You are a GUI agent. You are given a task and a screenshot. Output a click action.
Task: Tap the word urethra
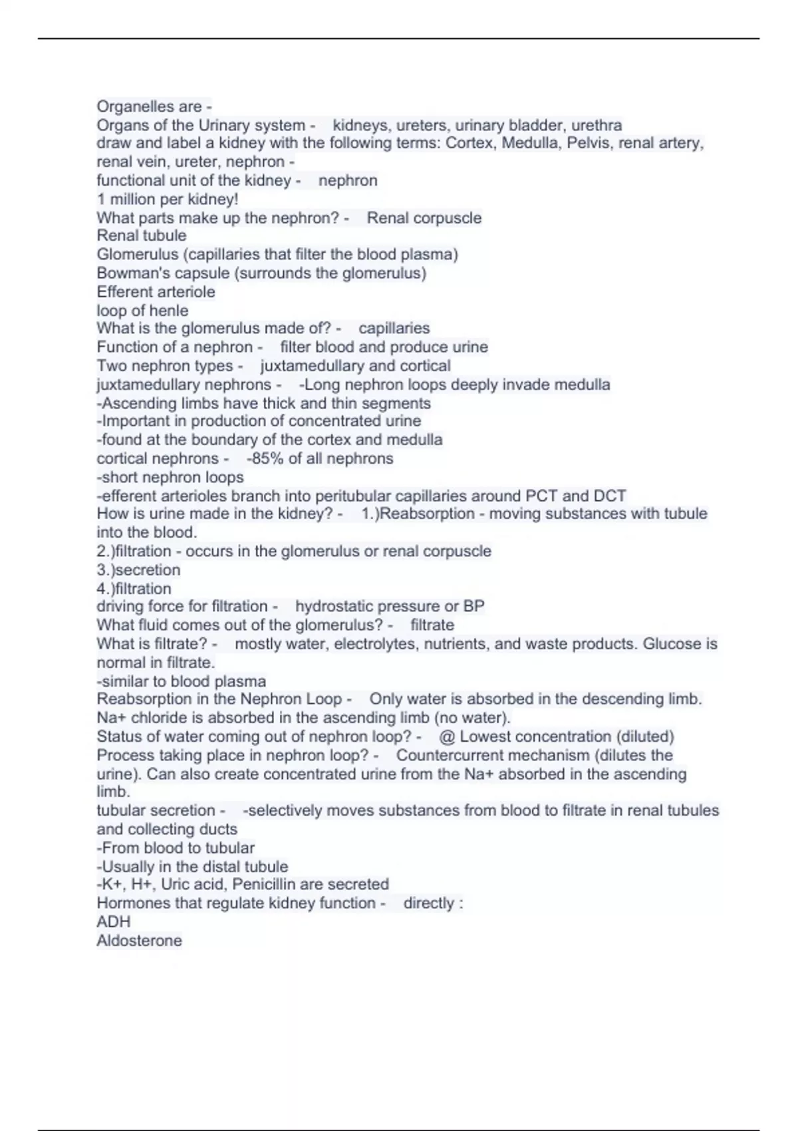[x=597, y=125]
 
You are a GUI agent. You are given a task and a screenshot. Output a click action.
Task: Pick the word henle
[x=170, y=311]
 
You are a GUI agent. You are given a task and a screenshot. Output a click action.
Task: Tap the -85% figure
[x=265, y=458]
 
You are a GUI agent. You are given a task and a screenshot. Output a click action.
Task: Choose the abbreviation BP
[x=474, y=606]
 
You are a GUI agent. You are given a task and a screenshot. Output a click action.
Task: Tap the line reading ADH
[x=114, y=921]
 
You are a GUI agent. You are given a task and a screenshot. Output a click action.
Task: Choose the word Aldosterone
[x=139, y=940]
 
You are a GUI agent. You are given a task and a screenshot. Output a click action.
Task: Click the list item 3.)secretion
[x=138, y=569]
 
